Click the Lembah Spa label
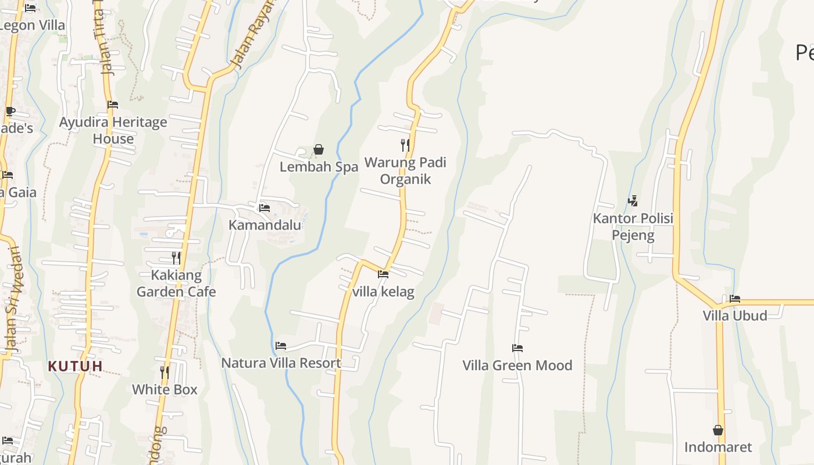(x=319, y=167)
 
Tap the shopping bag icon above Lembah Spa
(x=319, y=150)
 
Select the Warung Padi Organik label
(x=405, y=170)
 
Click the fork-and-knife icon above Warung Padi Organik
(x=405, y=145)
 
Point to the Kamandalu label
(x=265, y=225)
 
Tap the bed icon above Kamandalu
(x=265, y=208)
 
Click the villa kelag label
(x=383, y=291)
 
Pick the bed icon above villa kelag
(x=383, y=274)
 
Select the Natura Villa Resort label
(x=281, y=363)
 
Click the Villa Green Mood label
(x=517, y=366)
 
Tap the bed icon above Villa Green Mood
(x=517, y=348)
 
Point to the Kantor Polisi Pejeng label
(x=633, y=227)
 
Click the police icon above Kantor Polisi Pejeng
(x=633, y=201)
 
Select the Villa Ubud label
(x=735, y=316)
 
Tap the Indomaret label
(x=718, y=447)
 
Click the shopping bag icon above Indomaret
(x=718, y=430)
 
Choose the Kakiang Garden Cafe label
(x=176, y=283)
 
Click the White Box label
(x=165, y=389)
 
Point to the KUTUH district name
(x=76, y=366)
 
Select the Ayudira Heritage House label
(x=113, y=130)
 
